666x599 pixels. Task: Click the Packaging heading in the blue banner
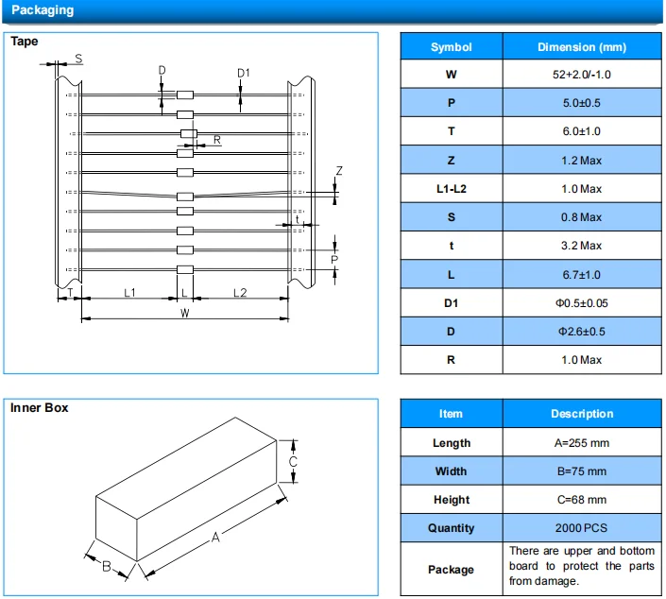pyautogui.click(x=41, y=10)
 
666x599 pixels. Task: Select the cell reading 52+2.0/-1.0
pyautogui.click(x=581, y=75)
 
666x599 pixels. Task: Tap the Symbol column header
pyautogui.click(x=451, y=47)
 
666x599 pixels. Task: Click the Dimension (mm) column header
pyautogui.click(x=581, y=47)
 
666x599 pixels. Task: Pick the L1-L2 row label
pyautogui.click(x=451, y=189)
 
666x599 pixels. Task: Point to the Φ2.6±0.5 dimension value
pyautogui.click(x=581, y=332)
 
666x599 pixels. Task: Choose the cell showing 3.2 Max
pyautogui.click(x=581, y=246)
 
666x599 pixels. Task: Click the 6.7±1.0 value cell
pyautogui.click(x=581, y=274)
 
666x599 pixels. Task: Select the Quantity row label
pyautogui.click(x=451, y=528)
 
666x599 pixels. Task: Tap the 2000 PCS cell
pyautogui.click(x=581, y=528)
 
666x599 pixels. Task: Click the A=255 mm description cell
pyautogui.click(x=581, y=443)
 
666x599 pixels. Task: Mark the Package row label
pyautogui.click(x=451, y=570)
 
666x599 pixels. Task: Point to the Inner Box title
pyautogui.click(x=39, y=408)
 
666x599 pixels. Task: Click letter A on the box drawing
pyautogui.click(x=215, y=537)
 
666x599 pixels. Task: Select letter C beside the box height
pyautogui.click(x=294, y=461)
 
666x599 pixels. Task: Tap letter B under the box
pyautogui.click(x=108, y=566)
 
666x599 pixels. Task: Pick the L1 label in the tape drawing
pyautogui.click(x=129, y=294)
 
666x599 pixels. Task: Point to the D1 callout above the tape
pyautogui.click(x=243, y=73)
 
